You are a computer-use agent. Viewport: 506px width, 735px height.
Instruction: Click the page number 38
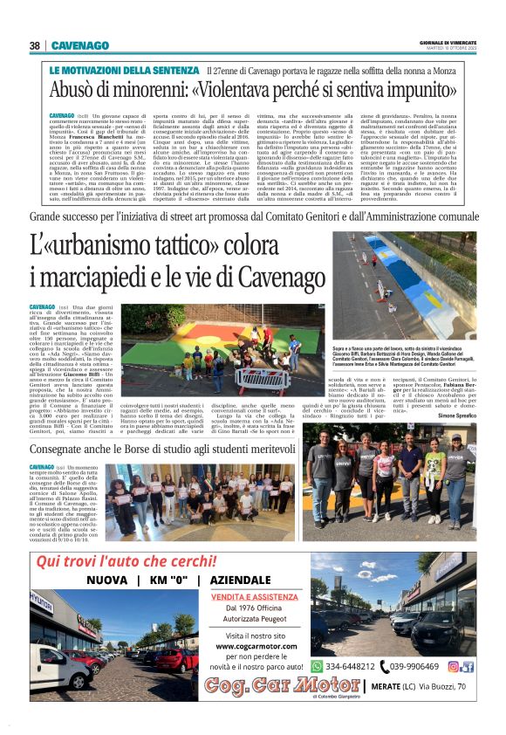(x=35, y=45)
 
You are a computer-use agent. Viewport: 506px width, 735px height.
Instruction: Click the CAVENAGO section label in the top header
(x=79, y=45)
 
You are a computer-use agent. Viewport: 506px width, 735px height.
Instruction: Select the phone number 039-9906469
(x=414, y=666)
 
